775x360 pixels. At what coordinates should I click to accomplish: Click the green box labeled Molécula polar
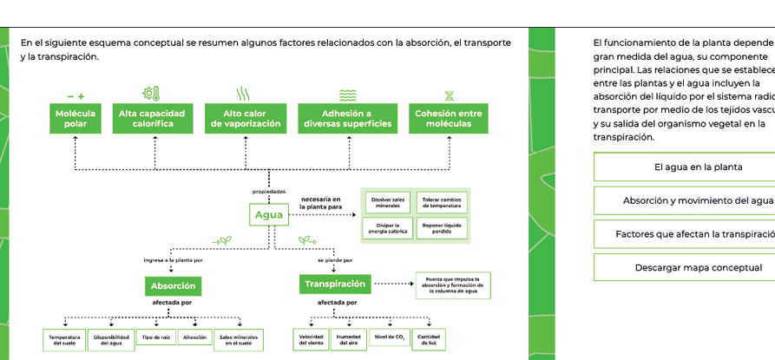76,119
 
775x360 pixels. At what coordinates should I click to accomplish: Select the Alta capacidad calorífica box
153,119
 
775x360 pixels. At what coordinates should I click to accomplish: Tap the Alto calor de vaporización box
245,119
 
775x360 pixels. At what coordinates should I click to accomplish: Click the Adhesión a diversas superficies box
346,119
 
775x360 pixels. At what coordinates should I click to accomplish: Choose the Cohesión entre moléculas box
448,119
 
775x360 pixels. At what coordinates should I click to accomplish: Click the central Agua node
269,215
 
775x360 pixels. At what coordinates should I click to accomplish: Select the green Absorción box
174,285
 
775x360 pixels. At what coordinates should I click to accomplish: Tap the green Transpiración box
335,284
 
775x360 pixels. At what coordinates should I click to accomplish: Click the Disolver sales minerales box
388,202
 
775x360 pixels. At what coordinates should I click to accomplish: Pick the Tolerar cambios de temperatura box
442,202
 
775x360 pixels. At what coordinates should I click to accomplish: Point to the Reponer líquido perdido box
442,228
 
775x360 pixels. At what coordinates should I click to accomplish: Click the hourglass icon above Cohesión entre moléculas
449,94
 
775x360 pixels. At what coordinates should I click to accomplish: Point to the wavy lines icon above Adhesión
347,94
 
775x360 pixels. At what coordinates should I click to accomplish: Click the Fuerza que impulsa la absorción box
449,285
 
